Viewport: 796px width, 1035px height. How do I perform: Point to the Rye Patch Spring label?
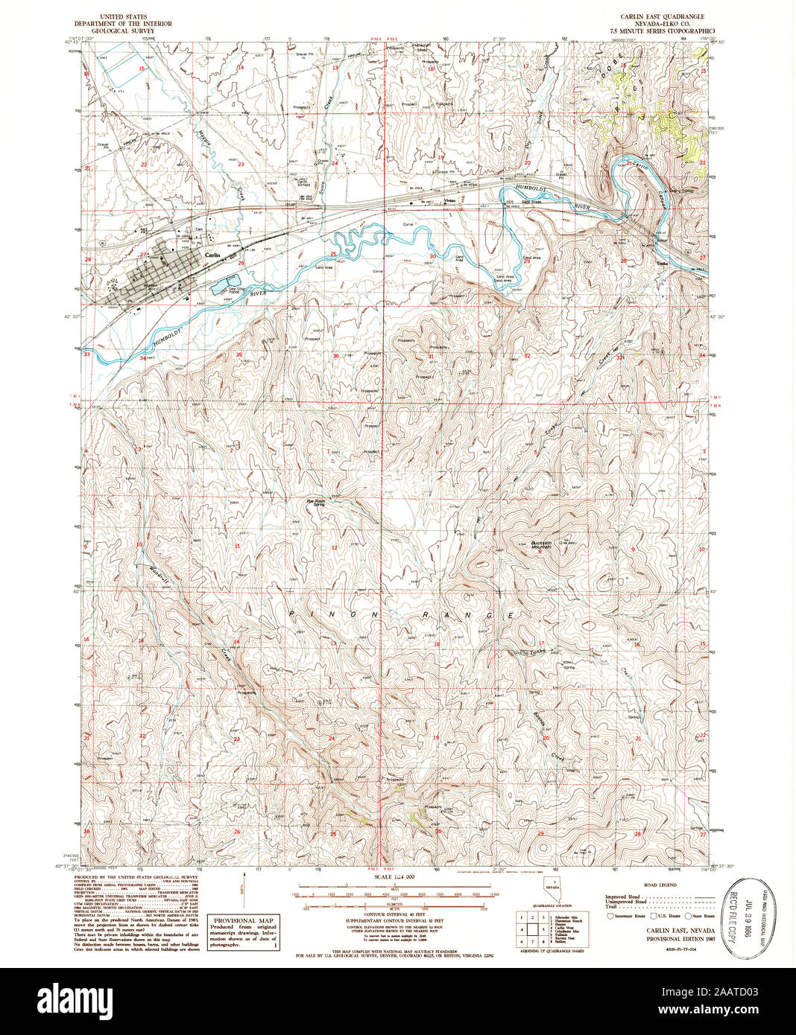click(318, 503)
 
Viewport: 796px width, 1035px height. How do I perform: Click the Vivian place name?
click(449, 201)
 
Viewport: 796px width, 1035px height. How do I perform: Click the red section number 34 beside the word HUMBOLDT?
click(143, 358)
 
